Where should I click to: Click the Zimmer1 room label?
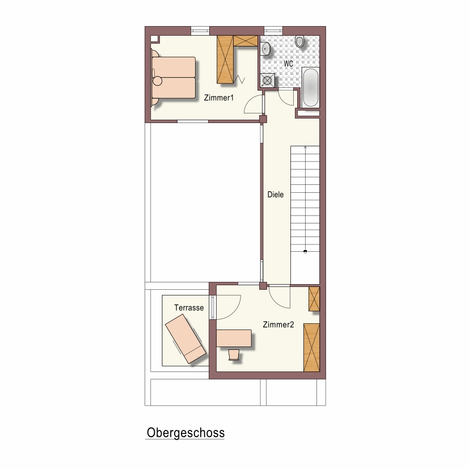tap(219, 98)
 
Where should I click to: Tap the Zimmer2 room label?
tap(278, 324)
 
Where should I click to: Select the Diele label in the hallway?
tap(276, 195)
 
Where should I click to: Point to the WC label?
tap(288, 64)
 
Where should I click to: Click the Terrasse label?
tap(189, 307)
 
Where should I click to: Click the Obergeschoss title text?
tap(185, 433)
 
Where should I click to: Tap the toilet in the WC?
tap(299, 41)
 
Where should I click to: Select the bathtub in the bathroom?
tap(310, 87)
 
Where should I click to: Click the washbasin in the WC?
tap(265, 49)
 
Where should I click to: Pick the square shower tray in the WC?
tap(268, 81)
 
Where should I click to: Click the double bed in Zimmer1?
tap(174, 78)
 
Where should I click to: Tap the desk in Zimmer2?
tap(234, 339)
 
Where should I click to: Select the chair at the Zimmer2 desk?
tap(234, 355)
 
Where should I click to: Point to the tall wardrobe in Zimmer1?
tap(225, 60)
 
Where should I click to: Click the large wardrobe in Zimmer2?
tap(312, 347)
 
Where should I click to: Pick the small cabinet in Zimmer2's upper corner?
tap(314, 299)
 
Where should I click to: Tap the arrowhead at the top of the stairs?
tap(305, 147)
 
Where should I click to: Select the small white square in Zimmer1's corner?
tap(154, 39)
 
